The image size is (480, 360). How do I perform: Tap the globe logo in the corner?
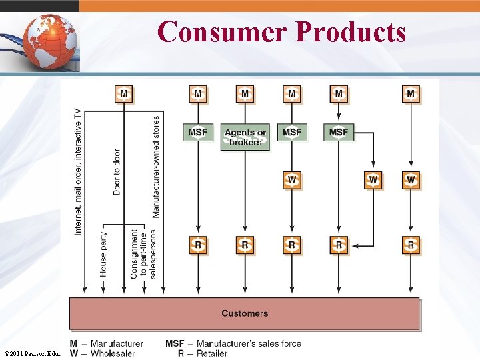point(47,39)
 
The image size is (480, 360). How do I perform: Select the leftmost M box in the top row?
point(123,93)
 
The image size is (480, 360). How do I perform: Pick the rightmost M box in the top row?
point(411,93)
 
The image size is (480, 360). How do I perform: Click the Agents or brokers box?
point(245,137)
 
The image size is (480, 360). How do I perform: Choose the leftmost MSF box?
point(197,132)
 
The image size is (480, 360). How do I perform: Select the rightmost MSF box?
point(339,132)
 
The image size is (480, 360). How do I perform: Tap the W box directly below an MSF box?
point(292,179)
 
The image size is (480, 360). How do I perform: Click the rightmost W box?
point(411,179)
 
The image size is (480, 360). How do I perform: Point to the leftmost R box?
point(197,245)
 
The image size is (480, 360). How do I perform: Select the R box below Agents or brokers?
point(245,245)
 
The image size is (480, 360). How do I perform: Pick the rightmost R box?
point(411,245)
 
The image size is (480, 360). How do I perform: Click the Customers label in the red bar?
point(245,313)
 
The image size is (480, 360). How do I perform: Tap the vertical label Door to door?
point(117,171)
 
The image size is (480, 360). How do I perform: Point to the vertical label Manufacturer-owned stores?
point(156,167)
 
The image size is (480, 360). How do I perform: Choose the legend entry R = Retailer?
point(203,353)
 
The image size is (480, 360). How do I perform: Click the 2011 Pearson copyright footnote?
point(32,353)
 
